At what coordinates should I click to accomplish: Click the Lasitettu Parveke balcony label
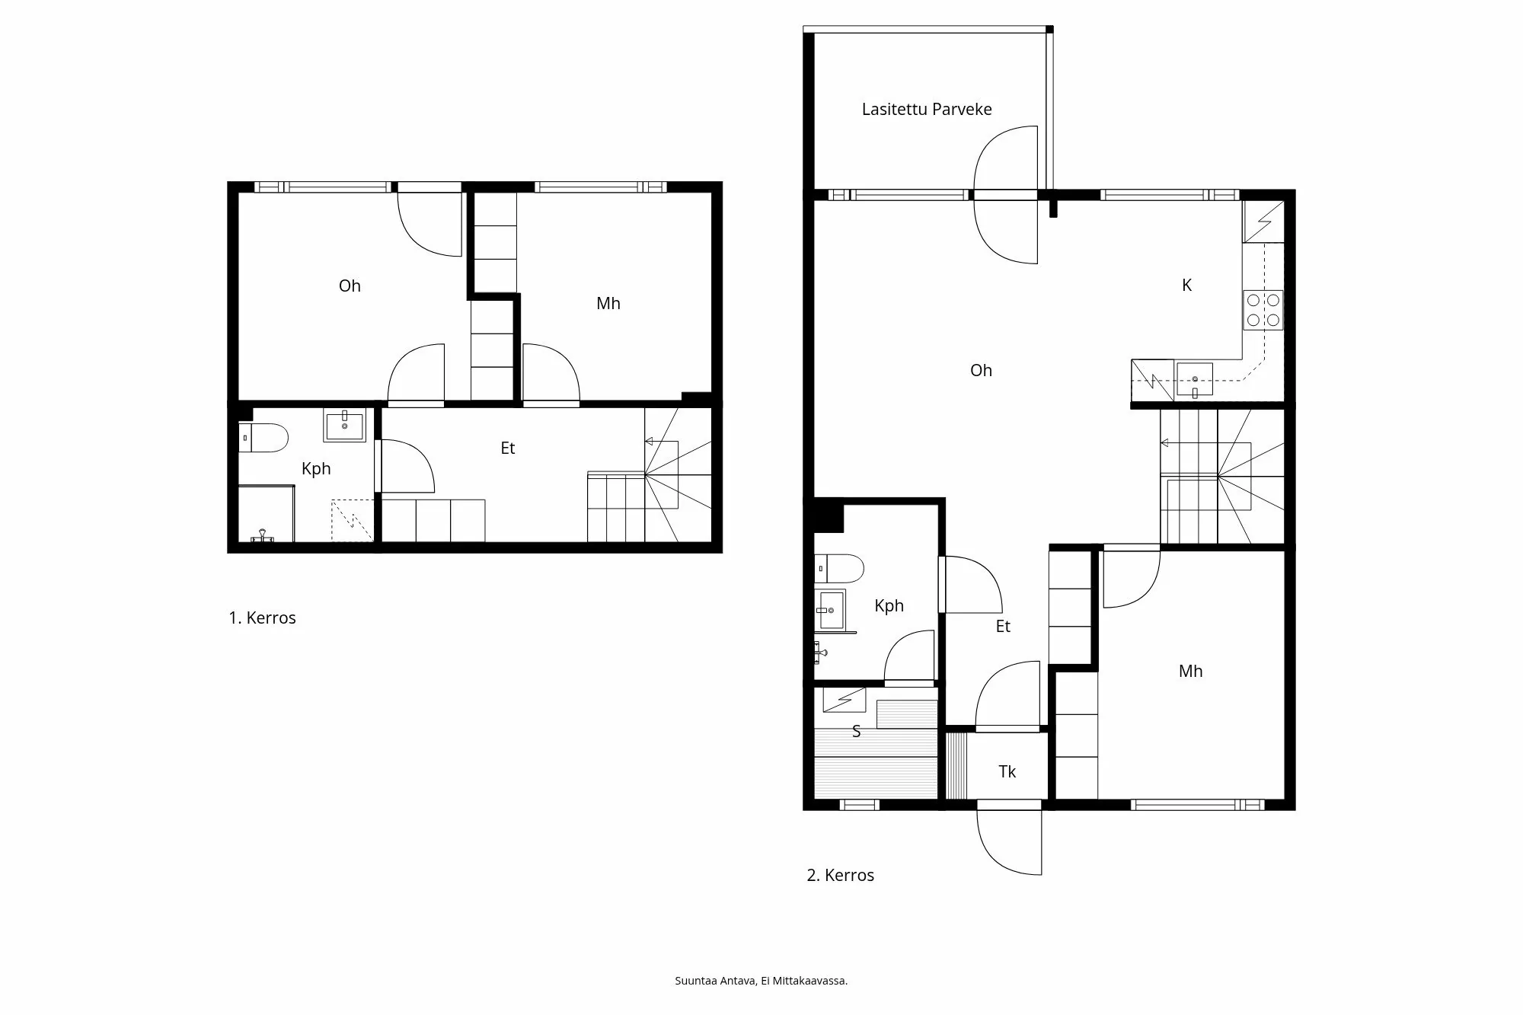926,110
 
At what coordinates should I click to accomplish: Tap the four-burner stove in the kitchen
1263,310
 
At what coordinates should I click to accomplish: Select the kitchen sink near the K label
1194,379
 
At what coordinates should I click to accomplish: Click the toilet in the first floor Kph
263,439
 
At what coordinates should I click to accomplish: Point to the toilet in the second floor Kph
838,568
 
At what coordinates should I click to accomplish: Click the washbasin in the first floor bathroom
345,425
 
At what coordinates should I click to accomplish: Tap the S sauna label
856,732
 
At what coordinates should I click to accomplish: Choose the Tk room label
1007,772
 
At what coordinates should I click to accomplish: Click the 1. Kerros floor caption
262,618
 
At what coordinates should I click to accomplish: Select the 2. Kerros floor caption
840,876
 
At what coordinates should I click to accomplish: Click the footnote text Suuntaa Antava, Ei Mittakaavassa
761,981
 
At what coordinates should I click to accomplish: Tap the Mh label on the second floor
1190,672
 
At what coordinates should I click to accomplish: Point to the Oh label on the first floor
350,286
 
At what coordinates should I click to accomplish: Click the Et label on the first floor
507,448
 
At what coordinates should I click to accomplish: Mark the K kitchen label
1186,286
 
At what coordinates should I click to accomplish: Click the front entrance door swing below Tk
1009,841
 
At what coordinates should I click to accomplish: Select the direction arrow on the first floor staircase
650,441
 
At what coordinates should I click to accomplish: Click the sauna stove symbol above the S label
844,699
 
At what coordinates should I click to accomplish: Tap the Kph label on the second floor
889,606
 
